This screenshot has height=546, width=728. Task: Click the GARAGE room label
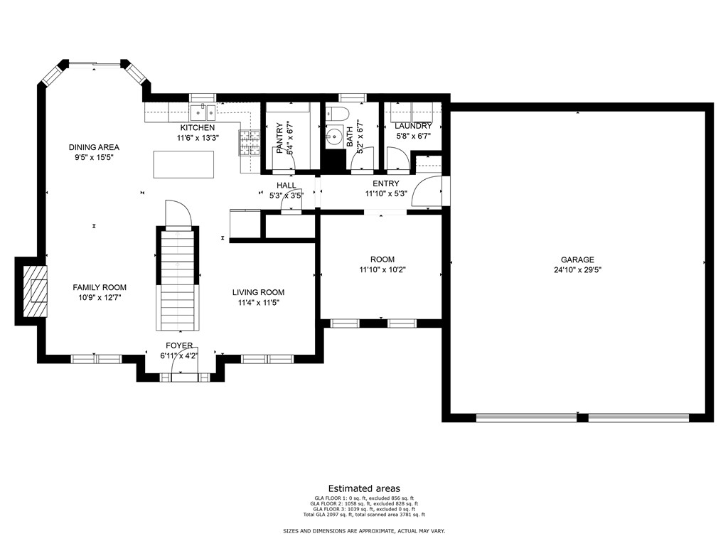(x=577, y=260)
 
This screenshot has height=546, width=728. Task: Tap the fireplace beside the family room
(x=36, y=291)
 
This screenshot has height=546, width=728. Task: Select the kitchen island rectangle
(x=184, y=164)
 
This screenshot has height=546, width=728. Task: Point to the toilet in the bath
(x=336, y=114)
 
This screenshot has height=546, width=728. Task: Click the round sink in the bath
(x=333, y=136)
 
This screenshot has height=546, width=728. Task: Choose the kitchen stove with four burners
(x=250, y=142)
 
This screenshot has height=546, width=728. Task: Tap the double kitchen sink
(x=203, y=112)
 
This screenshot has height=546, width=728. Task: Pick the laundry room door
(x=397, y=159)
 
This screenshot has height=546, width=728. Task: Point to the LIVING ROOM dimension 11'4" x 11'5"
(x=258, y=303)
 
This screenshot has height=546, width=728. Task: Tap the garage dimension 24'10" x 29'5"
(x=577, y=269)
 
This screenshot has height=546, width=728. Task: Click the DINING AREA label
(x=95, y=147)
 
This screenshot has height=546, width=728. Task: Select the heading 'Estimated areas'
(x=364, y=488)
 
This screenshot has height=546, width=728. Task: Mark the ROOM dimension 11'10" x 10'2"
(x=382, y=269)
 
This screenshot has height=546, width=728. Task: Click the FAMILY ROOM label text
(x=100, y=287)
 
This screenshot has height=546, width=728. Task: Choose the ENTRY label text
(x=386, y=183)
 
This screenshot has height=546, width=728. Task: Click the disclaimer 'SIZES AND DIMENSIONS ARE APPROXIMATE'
(x=339, y=530)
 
